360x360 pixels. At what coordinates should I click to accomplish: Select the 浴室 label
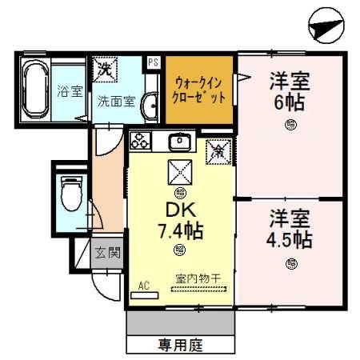[70, 91]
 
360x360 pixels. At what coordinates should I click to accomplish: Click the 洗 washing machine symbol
[105, 69]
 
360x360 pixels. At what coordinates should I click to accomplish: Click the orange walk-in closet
[198, 90]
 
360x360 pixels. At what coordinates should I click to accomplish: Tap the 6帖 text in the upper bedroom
[290, 100]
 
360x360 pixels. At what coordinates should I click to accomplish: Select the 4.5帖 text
[290, 238]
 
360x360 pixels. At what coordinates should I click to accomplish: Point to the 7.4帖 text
[179, 232]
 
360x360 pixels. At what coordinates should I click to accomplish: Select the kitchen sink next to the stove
[178, 142]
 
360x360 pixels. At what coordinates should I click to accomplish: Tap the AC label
[144, 284]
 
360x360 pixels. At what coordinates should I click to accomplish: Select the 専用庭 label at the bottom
[181, 346]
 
